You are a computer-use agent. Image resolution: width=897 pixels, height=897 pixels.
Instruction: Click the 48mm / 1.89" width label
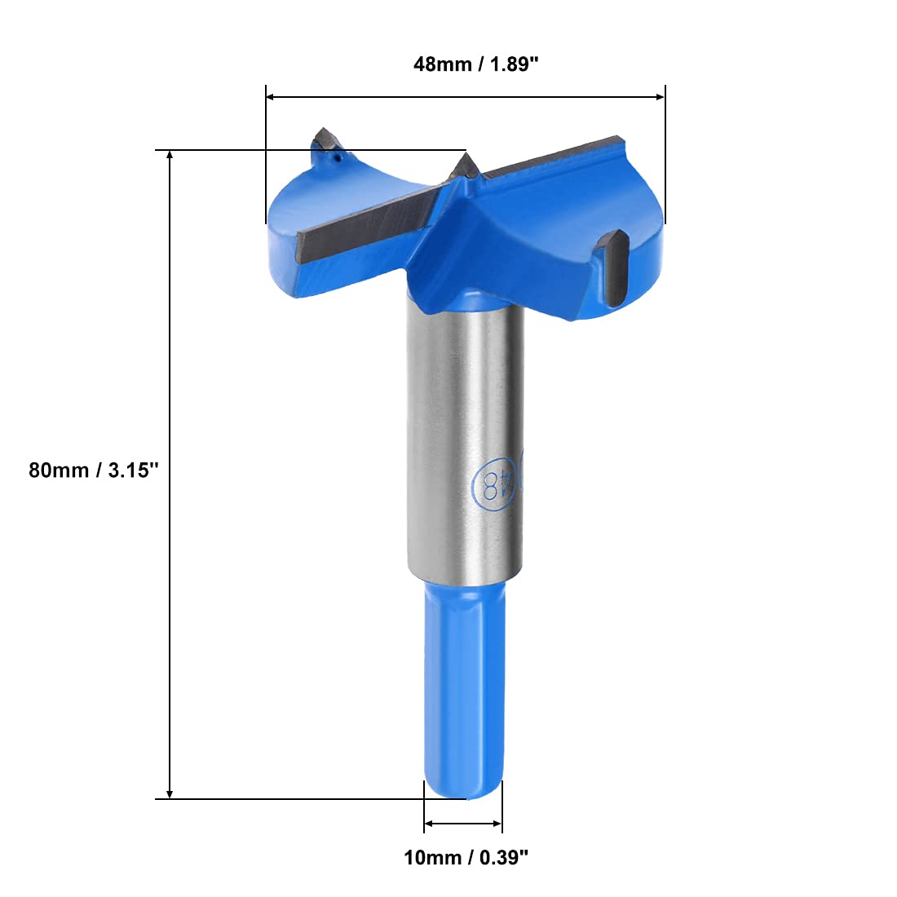[x=476, y=64]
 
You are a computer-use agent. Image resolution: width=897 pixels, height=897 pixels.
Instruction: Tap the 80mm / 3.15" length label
[x=93, y=471]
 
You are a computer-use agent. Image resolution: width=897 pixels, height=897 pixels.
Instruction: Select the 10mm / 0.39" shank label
[x=466, y=857]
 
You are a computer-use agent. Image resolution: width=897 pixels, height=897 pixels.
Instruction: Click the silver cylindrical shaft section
[x=465, y=440]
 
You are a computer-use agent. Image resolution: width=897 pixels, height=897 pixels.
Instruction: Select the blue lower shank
[x=465, y=689]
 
